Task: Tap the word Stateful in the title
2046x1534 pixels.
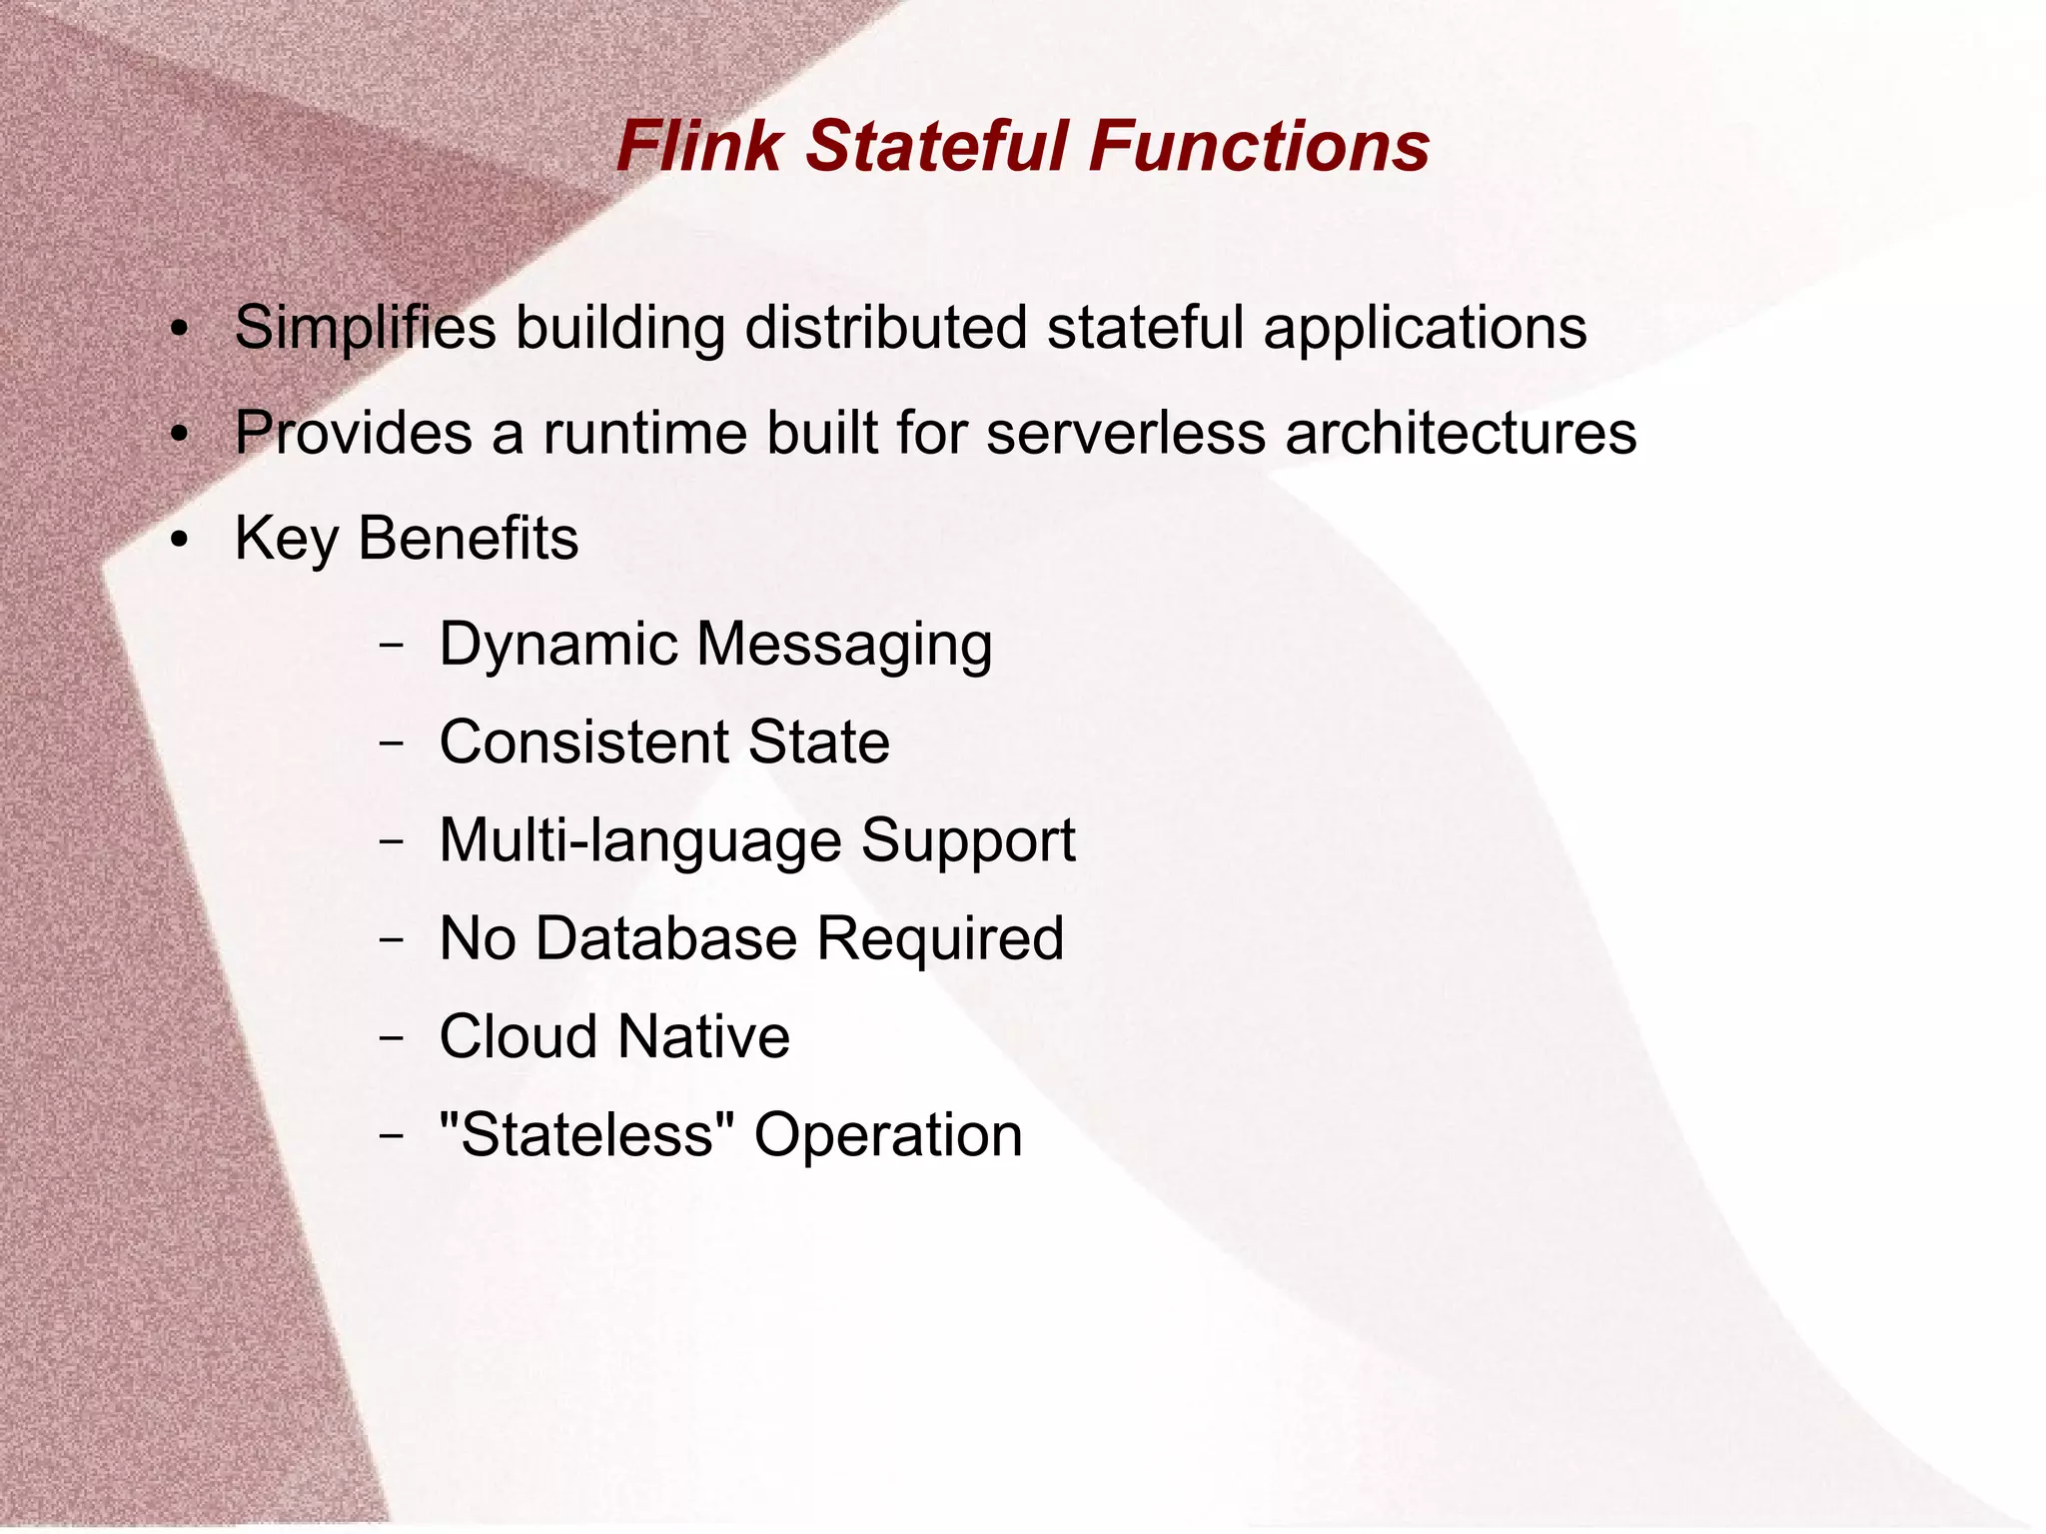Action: coord(936,146)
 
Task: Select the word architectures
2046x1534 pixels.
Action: coord(1461,433)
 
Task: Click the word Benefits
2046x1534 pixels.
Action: coord(468,539)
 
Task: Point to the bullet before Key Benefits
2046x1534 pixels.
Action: coord(179,541)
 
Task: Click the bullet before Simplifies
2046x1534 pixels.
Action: coord(179,330)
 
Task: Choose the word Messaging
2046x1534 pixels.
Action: coord(844,645)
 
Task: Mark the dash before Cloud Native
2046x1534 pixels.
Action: coord(392,1037)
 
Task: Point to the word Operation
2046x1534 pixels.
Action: coord(888,1135)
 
